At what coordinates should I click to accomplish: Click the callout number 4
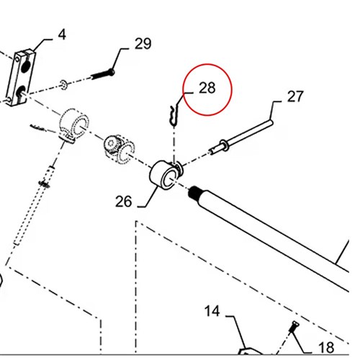(x=62, y=35)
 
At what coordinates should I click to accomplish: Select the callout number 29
(x=143, y=44)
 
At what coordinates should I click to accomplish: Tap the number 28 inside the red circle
(x=207, y=88)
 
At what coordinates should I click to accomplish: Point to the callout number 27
(x=295, y=96)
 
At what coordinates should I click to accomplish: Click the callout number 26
(x=124, y=201)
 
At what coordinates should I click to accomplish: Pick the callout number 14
(x=212, y=311)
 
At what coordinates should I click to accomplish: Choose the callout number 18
(x=326, y=347)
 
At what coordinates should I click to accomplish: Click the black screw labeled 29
(x=102, y=74)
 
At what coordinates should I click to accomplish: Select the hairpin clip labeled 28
(x=174, y=115)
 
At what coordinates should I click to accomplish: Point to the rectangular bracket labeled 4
(x=21, y=78)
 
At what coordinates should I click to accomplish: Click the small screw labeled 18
(x=294, y=327)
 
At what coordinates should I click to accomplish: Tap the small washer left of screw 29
(x=63, y=85)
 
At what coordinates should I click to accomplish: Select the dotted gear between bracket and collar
(x=120, y=150)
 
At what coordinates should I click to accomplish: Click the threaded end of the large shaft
(x=194, y=193)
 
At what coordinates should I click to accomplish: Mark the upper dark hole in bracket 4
(x=25, y=67)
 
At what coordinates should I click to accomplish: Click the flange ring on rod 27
(x=224, y=145)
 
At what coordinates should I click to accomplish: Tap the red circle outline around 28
(x=207, y=64)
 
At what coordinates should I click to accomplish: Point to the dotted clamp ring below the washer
(x=74, y=125)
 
